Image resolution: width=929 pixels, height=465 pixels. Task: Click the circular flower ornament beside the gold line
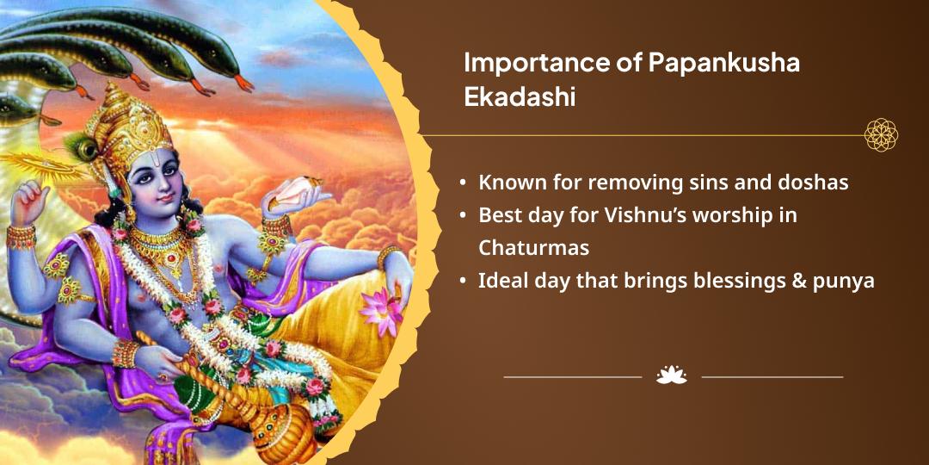coord(881,134)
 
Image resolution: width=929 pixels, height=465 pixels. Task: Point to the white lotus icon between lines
coord(671,375)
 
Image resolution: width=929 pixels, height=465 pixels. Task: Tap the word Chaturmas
coord(533,248)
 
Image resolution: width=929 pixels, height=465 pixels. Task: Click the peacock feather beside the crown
coord(80,146)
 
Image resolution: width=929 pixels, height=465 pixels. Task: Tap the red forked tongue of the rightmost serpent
coord(244,83)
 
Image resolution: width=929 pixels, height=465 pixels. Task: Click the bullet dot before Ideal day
coord(462,282)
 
